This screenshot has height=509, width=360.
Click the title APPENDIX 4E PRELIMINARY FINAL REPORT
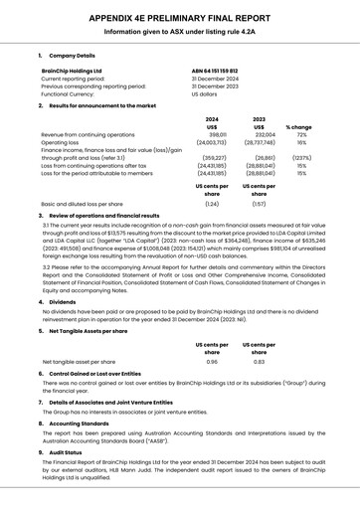pyautogui.click(x=179, y=18)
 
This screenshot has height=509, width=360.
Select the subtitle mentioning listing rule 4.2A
pyautogui.click(x=179, y=32)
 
